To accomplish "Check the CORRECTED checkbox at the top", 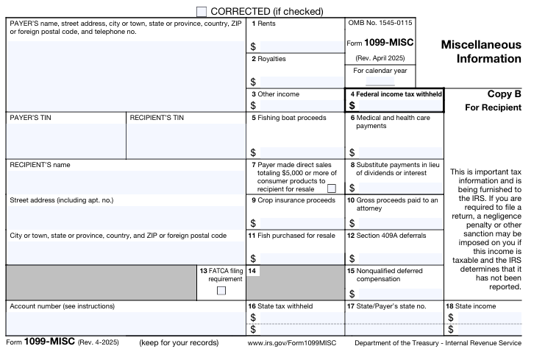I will coord(202,12).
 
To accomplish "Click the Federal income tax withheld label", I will coord(396,95).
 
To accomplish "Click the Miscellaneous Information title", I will coord(480,52).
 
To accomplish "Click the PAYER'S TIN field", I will coord(66,139).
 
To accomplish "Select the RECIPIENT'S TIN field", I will coord(186,139).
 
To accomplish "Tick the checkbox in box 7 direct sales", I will coord(331,188).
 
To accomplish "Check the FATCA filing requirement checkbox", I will coord(221,290).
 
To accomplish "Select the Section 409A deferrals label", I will coord(386,236).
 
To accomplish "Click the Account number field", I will coord(126,322).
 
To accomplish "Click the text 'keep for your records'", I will coord(179,343).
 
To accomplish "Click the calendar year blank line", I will coord(380,83).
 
